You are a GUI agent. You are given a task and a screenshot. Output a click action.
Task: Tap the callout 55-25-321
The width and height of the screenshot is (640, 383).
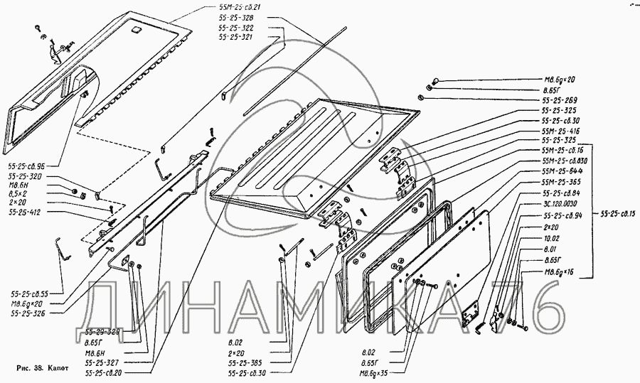235,36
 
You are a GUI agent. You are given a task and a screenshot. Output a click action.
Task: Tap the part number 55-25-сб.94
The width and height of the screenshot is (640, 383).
563,215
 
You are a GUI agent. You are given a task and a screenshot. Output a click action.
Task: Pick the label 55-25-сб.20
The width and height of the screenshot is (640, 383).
103,372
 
